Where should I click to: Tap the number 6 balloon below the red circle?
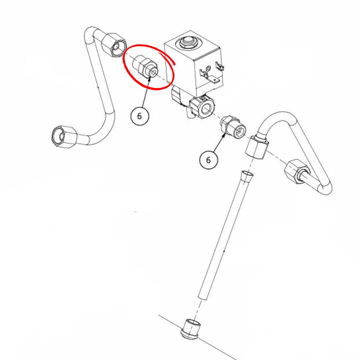pos(139,116)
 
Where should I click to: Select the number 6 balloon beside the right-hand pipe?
pos(208,160)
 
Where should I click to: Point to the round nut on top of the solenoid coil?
pos(185,42)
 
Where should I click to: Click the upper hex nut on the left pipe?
pos(114,45)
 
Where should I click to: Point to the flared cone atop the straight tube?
pos(246,176)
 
